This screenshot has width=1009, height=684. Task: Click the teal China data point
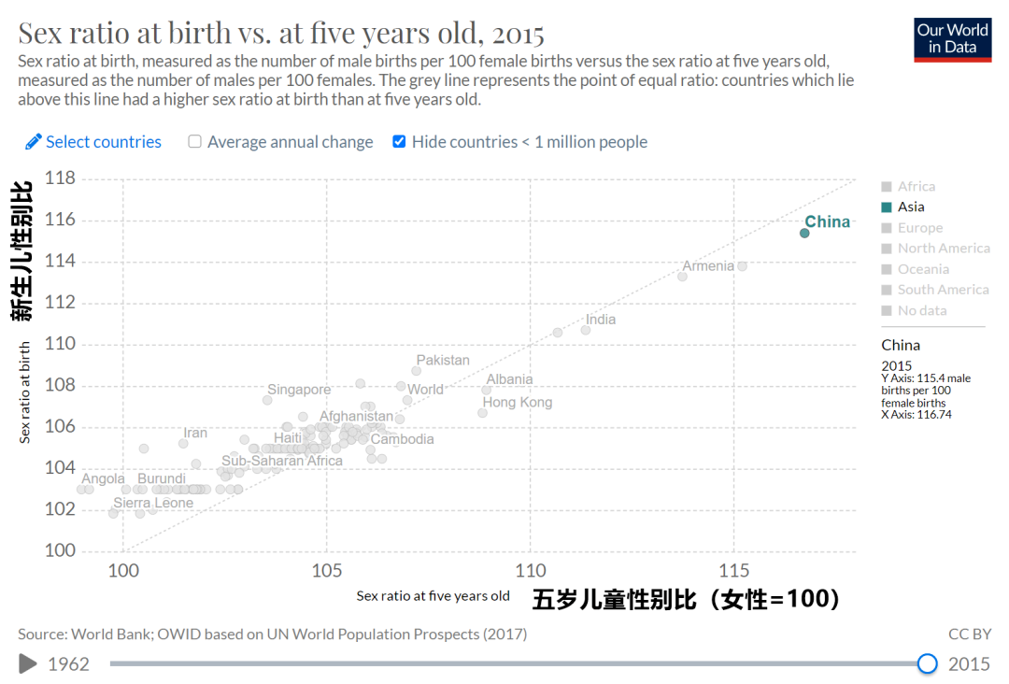[804, 233]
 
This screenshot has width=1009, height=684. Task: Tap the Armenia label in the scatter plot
[707, 266]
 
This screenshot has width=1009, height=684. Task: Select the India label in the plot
[601, 320]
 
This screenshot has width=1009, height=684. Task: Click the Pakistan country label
[443, 361]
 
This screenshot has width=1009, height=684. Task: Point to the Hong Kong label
[517, 403]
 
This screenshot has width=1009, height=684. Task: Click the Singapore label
[299, 390]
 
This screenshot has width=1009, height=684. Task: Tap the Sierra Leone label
[153, 503]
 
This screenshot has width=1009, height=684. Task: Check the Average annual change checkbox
[195, 142]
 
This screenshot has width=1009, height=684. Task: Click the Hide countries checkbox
[400, 142]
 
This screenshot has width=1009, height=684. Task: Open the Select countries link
[93, 142]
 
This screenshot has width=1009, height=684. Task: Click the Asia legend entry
[910, 207]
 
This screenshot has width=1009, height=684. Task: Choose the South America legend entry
[943, 290]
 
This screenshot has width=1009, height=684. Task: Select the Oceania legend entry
[922, 269]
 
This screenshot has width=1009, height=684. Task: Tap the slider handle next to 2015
[927, 663]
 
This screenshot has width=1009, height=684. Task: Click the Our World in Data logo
[952, 39]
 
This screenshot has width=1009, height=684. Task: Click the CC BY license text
[970, 634]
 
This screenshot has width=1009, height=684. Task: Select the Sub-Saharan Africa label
[282, 461]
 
